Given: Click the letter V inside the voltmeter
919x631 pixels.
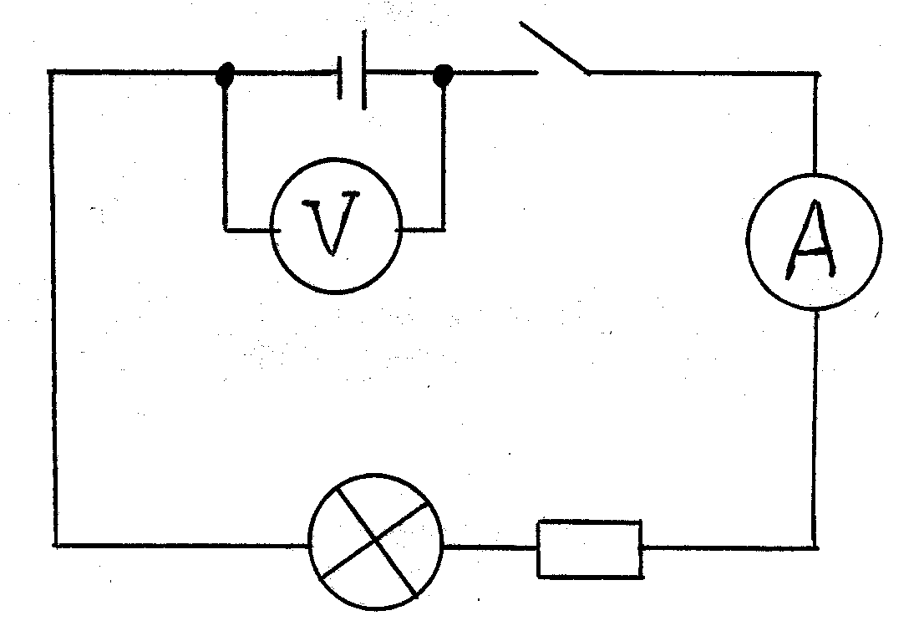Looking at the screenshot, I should pyautogui.click(x=333, y=226).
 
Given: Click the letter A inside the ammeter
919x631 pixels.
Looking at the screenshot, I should pyautogui.click(x=811, y=243).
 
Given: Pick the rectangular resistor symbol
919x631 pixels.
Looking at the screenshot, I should pyautogui.click(x=589, y=548).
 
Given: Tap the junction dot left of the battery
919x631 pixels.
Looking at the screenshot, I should pyautogui.click(x=224, y=75).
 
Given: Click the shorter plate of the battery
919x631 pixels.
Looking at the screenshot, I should pyautogui.click(x=341, y=77).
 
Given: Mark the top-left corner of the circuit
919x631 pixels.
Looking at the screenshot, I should pyautogui.click(x=52, y=73).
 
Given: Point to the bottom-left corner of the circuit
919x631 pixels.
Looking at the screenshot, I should pyautogui.click(x=57, y=545).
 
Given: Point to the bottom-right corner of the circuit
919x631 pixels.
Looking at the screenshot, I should pyautogui.click(x=815, y=547).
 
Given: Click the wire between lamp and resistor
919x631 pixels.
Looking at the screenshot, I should pyautogui.click(x=490, y=547).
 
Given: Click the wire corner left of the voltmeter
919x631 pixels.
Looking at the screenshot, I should pyautogui.click(x=224, y=226).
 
